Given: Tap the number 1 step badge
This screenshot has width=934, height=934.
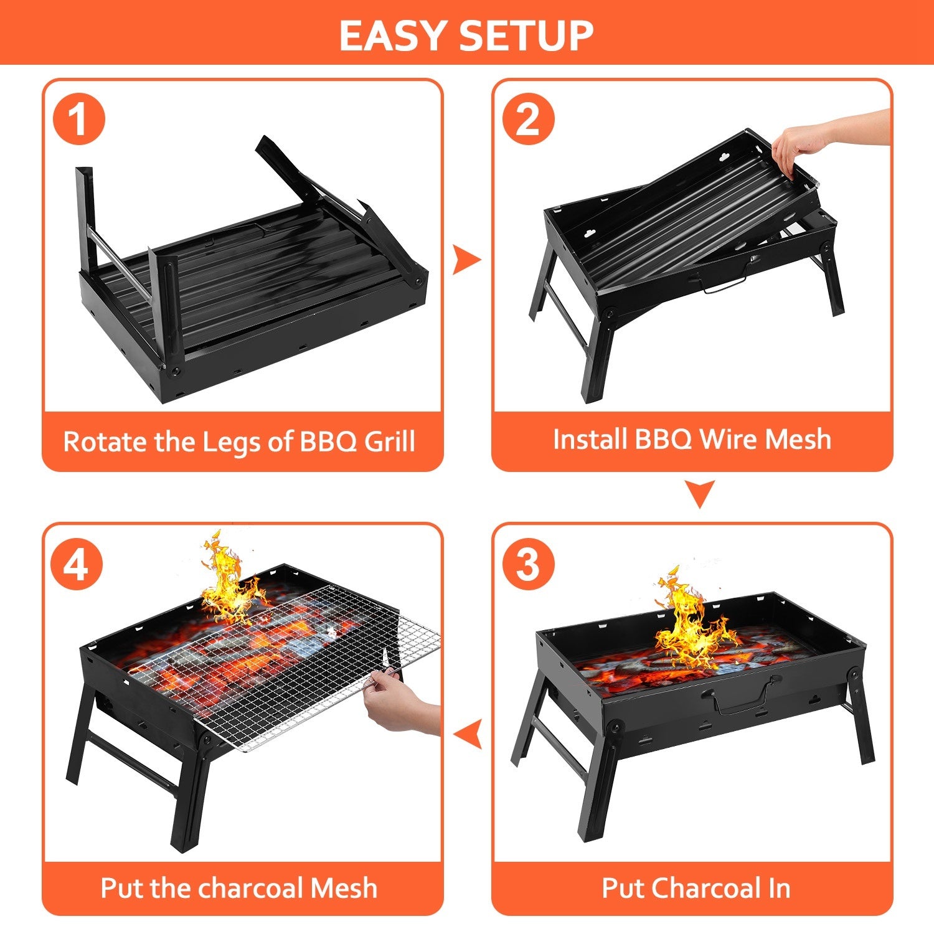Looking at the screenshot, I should (x=78, y=118).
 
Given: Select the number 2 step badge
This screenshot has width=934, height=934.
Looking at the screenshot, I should (x=528, y=118).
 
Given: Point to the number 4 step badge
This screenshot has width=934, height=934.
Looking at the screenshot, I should (x=77, y=565).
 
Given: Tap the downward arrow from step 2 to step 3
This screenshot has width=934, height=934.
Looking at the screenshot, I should (x=699, y=493).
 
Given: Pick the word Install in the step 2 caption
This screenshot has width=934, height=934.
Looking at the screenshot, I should (x=590, y=439).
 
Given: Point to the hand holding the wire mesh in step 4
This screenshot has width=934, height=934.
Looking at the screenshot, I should (x=399, y=704).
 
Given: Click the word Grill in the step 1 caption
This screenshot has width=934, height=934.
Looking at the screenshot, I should (x=389, y=441).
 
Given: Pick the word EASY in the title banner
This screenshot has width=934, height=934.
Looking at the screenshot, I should (x=393, y=35).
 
